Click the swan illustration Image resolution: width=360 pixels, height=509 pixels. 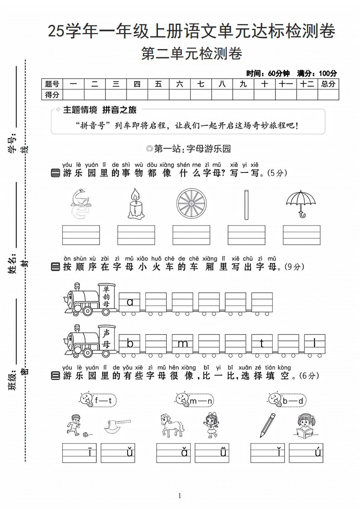point(80,203)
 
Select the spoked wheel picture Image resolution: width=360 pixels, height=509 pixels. point(191,204)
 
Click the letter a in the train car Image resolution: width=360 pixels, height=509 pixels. point(130,302)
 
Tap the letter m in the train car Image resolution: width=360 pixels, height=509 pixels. point(183,343)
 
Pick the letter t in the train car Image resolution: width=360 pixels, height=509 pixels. point(262,343)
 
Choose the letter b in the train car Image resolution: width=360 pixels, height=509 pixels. point(130,343)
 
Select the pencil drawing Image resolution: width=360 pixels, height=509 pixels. point(267,425)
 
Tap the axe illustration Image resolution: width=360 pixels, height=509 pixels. point(117,426)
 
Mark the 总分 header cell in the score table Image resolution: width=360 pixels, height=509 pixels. point(328,84)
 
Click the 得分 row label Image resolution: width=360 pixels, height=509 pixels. point(52,94)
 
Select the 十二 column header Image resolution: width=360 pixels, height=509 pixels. point(307,84)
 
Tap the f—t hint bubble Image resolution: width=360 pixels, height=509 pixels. point(98,400)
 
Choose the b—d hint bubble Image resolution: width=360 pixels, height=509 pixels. point(287,400)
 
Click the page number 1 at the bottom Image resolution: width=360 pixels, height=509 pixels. point(180,496)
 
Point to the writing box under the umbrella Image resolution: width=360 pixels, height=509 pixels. point(301,235)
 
